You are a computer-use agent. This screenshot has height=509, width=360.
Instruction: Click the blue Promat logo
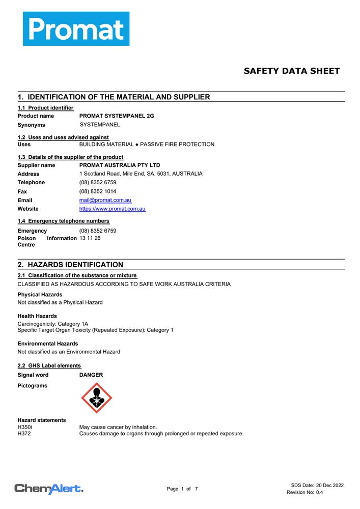[76, 29]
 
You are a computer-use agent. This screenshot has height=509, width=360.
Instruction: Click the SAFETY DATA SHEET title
[291, 71]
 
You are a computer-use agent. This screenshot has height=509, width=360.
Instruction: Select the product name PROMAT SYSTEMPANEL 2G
[117, 116]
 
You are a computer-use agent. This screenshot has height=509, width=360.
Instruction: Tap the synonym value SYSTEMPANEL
[100, 125]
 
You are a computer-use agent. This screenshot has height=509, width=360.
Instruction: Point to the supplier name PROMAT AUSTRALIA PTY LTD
[120, 165]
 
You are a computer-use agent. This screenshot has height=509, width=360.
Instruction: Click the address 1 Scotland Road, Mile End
[141, 174]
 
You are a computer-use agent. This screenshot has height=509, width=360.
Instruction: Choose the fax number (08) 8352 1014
[98, 192]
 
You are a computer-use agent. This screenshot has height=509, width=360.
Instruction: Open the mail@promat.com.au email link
[105, 201]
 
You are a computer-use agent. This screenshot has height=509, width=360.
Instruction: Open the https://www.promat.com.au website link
[113, 209]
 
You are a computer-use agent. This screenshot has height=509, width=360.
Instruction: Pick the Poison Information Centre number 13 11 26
[90, 238]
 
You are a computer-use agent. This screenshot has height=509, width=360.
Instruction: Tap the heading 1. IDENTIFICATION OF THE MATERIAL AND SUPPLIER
[114, 97]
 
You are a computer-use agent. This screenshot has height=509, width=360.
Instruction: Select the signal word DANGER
[91, 375]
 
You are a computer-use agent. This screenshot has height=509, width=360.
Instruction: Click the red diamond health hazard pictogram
[97, 398]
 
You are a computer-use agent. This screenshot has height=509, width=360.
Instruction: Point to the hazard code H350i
[25, 427]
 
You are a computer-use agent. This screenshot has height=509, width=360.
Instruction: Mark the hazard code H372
[24, 434]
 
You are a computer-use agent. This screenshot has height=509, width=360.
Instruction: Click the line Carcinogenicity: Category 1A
[53, 323]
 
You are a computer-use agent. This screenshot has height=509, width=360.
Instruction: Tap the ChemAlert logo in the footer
[49, 489]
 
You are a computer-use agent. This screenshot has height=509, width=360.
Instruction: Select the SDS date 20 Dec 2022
[329, 485]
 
